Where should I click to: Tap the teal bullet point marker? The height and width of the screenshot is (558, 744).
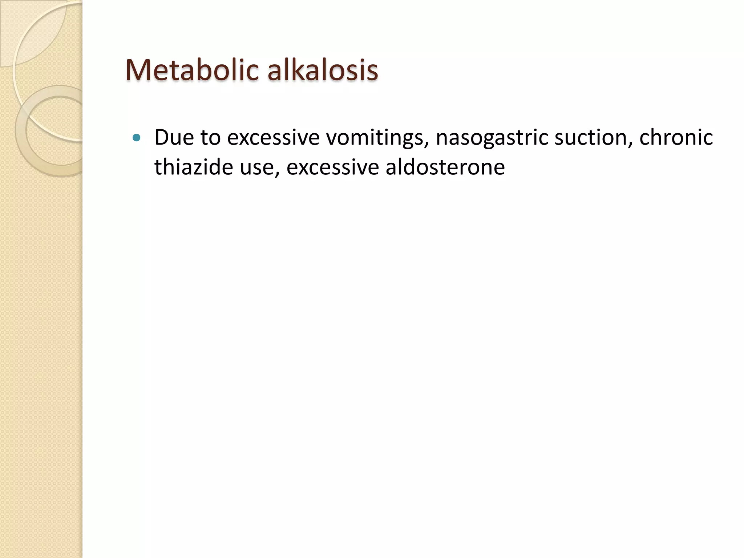point(137,138)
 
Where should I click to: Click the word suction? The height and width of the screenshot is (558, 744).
point(593,138)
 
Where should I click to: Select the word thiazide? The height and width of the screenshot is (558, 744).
point(193,167)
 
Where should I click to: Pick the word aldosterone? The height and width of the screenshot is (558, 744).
point(445,167)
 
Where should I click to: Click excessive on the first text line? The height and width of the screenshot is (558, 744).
point(273,138)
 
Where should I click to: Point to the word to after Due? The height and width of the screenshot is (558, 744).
point(210,138)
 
